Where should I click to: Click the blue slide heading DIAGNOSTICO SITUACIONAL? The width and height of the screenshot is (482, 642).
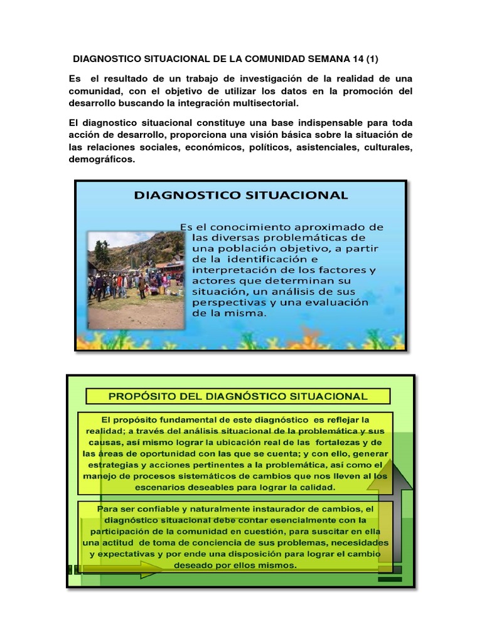(241, 195)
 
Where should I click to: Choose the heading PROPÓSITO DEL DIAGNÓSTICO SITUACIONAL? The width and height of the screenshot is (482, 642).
(238, 396)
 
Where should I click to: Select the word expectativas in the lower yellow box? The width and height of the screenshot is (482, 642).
(132, 554)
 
